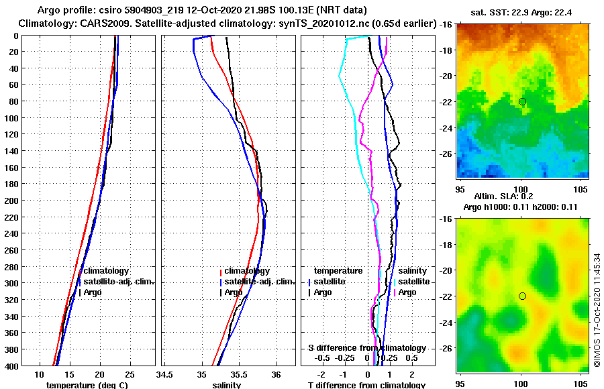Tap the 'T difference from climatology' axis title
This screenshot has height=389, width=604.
[x=366, y=385]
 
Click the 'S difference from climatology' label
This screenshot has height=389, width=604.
[x=366, y=348]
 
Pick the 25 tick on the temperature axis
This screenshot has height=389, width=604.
[x=130, y=374]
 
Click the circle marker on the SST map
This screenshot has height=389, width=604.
[x=522, y=101]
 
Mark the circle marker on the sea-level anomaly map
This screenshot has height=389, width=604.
[x=522, y=296]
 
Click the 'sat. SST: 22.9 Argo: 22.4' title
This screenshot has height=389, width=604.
[x=523, y=13]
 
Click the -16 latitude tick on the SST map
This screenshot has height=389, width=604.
[x=446, y=24]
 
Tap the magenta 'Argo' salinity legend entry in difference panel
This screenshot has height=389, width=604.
[x=409, y=292]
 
